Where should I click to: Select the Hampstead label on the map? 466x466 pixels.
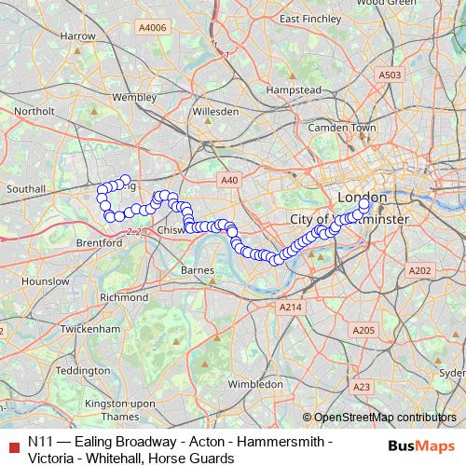click(x=295, y=89)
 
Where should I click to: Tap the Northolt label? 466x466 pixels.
click(x=34, y=111)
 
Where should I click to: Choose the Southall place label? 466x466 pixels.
click(x=26, y=188)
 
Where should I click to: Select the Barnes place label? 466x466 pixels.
click(x=198, y=270)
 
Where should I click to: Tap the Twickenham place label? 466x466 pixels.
click(x=89, y=329)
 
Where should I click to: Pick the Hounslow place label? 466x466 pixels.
click(x=38, y=280)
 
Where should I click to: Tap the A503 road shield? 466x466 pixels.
click(x=390, y=74)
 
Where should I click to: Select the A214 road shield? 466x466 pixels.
click(x=291, y=306)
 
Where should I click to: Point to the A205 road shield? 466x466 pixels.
click(x=363, y=331)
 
